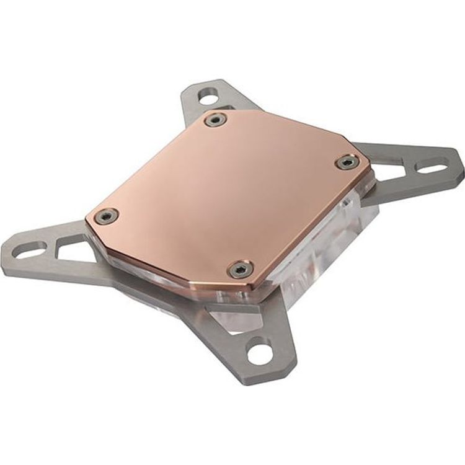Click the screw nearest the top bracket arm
[216, 119]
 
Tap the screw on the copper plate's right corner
[347, 162]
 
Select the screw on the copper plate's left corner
[107, 216]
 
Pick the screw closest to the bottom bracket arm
[240, 269]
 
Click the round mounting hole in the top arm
[210, 97]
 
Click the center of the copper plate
[229, 192]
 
